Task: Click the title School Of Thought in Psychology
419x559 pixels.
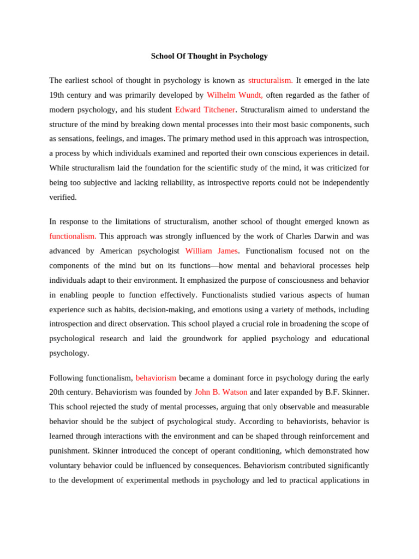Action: pos(209,56)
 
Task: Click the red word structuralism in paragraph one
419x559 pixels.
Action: pos(270,80)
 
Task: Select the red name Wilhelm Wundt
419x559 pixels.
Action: pos(235,95)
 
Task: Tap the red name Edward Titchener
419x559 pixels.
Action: pos(205,110)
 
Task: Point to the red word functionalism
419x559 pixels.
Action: pos(73,236)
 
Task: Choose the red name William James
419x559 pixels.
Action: pos(211,251)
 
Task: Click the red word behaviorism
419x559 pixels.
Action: pos(156,378)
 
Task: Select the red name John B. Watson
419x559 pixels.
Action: pos(221,393)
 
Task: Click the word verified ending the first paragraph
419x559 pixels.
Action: pos(63,197)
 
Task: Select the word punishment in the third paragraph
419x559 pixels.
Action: pos(68,451)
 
